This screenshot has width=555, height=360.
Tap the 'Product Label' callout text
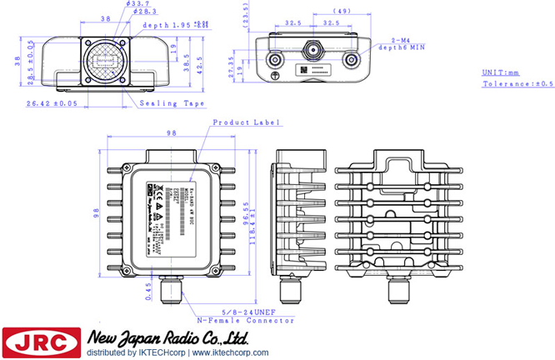[x=247, y=122]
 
